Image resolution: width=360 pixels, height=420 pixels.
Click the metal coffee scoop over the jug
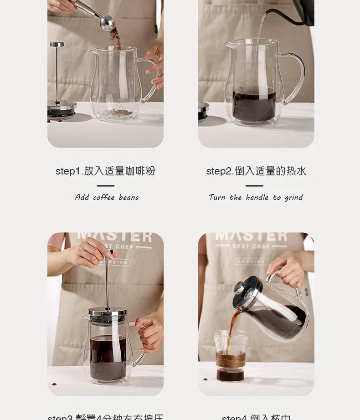click(x=106, y=22)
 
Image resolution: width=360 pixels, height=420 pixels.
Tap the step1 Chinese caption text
click(x=105, y=171)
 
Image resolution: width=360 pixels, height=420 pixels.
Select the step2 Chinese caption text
click(x=256, y=171)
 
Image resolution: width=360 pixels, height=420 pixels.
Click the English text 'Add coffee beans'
click(x=107, y=197)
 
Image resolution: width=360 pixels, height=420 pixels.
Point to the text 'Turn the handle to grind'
click(x=256, y=197)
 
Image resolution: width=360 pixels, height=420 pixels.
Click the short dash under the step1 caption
click(x=105, y=185)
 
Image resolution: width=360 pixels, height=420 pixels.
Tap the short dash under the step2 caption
click(x=254, y=185)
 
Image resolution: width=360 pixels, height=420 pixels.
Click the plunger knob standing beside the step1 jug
click(x=57, y=45)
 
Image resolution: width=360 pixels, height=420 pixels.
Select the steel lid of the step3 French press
click(x=108, y=312)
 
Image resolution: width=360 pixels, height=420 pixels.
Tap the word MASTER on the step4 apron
click(x=251, y=236)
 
